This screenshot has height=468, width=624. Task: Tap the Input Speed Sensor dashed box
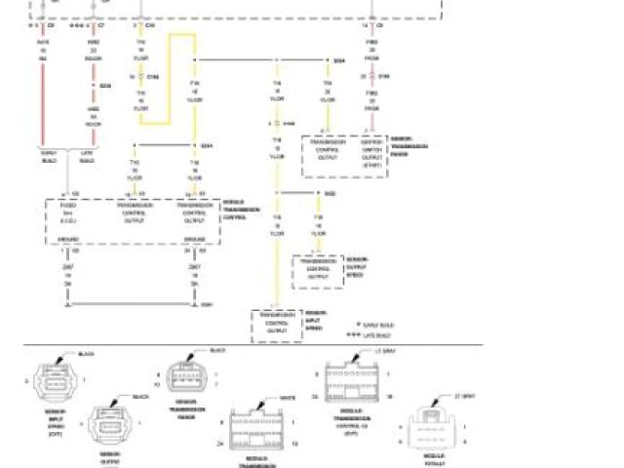pos(279,326)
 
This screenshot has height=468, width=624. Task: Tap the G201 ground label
pos(207,304)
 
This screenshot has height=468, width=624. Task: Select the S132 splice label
pos(330,194)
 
